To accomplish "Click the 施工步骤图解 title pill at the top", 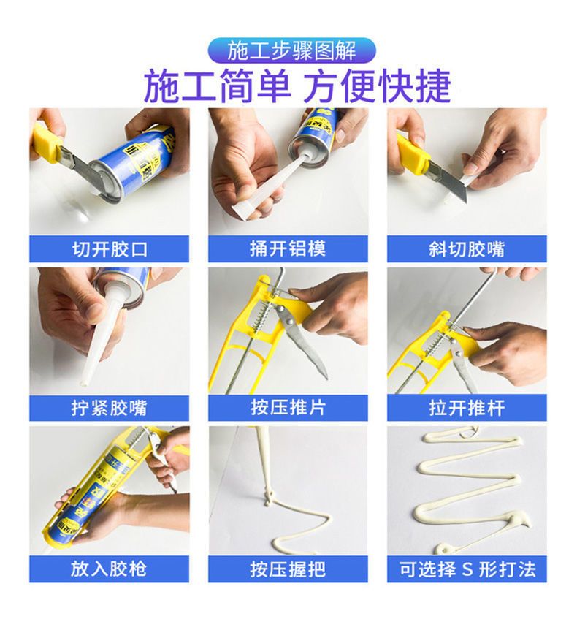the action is coord(291,50).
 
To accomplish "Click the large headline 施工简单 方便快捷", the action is coord(297,86).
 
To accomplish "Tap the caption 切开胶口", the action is coord(110,249).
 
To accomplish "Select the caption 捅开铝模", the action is coord(288,249).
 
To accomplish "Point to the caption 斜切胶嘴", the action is coord(467,249).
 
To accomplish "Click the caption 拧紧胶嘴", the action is coord(110,408).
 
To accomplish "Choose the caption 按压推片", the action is coord(288,408).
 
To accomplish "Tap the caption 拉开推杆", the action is coord(467,408).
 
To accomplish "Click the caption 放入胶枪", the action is coord(109,569).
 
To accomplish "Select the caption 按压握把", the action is coord(288,569).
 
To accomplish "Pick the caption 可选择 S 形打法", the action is coord(467,569).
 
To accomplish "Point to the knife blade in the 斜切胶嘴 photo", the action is coord(451,181).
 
